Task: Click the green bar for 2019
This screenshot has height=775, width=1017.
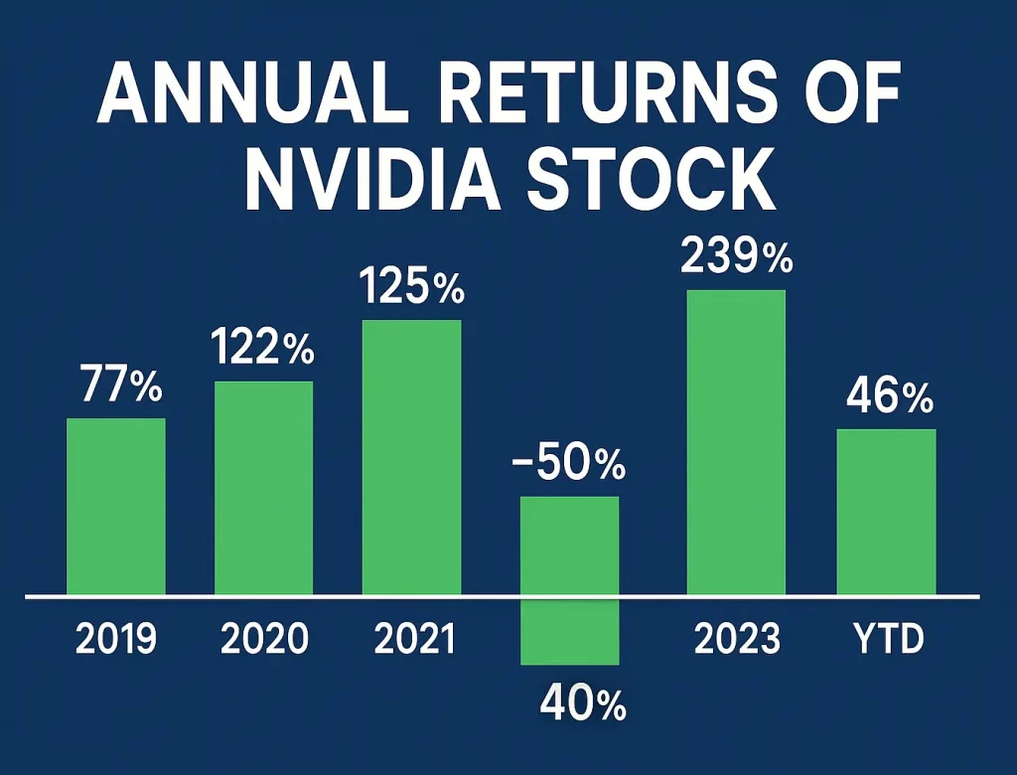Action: [116, 507]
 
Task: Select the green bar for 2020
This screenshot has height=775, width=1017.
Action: [264, 488]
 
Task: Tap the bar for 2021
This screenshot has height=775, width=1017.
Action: [411, 457]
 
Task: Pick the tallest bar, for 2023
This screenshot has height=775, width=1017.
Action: [736, 442]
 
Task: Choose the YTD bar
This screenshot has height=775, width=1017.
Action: [886, 512]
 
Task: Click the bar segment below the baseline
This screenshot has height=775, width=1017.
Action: [570, 632]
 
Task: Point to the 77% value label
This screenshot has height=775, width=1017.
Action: [117, 387]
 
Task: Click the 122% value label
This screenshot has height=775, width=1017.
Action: [262, 350]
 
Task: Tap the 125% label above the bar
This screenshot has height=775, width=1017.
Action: [411, 288]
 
